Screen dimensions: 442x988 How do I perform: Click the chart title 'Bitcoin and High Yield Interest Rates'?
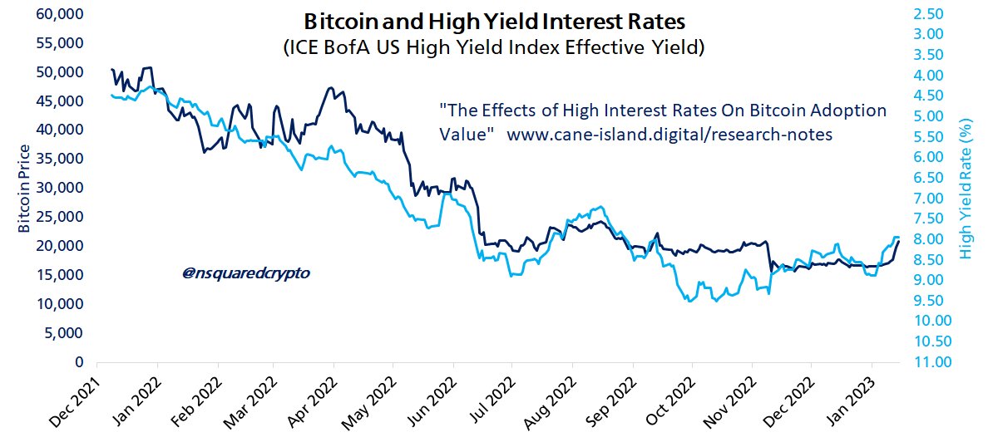click(x=494, y=20)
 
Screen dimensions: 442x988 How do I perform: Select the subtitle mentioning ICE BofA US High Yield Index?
click(x=494, y=49)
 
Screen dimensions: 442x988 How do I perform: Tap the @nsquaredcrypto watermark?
click(x=239, y=272)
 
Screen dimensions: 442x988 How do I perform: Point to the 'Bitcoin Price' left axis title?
click(x=24, y=189)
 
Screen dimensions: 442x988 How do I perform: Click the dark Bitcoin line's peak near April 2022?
click(x=331, y=87)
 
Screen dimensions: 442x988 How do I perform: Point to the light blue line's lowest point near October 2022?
click(x=689, y=302)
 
